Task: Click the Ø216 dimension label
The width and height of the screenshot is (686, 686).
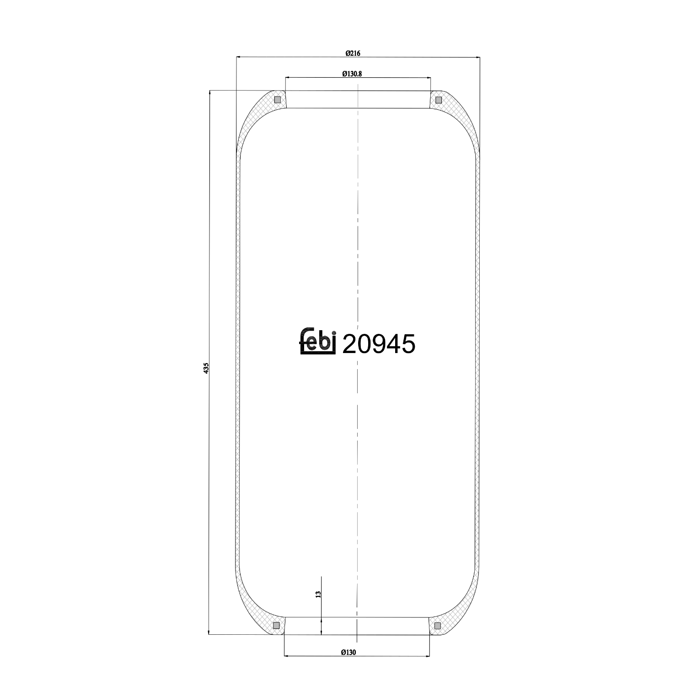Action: click(353, 53)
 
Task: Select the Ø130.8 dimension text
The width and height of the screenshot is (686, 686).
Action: click(352, 74)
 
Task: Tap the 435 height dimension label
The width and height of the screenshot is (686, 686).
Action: click(206, 368)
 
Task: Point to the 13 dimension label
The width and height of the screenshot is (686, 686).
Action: click(318, 594)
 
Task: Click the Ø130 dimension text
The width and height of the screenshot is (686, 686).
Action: click(348, 653)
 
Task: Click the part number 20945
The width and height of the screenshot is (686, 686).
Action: click(379, 344)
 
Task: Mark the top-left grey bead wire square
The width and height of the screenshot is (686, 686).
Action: click(277, 100)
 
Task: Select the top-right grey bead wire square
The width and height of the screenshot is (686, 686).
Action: click(438, 100)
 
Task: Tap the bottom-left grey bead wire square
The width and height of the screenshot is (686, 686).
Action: click(276, 625)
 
